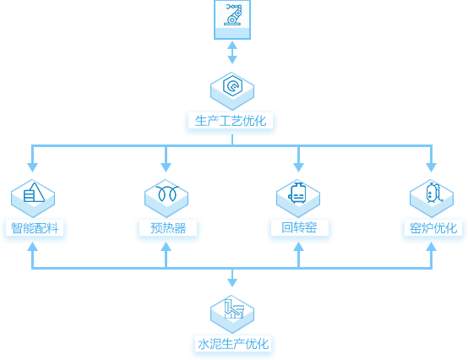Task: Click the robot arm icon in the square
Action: (x=232, y=14)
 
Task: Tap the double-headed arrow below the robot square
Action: (x=232, y=52)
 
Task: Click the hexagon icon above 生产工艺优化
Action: (x=232, y=85)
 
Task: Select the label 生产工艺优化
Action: (x=231, y=121)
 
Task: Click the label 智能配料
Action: (x=35, y=228)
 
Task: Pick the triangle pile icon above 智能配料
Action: (x=34, y=193)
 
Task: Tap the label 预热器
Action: (x=168, y=228)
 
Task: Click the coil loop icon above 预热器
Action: (x=167, y=194)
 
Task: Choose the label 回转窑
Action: (x=299, y=227)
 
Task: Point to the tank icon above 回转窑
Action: (x=297, y=193)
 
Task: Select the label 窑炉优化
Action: (x=433, y=228)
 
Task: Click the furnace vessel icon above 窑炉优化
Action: (x=434, y=193)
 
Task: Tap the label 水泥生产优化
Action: (x=233, y=344)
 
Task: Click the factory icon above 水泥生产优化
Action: (x=234, y=308)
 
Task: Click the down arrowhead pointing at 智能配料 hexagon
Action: (x=33, y=167)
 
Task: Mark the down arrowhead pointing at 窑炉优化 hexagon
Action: (x=432, y=167)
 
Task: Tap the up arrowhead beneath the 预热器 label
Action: (x=166, y=247)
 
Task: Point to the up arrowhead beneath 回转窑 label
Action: (x=298, y=247)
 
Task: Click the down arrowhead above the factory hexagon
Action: (x=232, y=283)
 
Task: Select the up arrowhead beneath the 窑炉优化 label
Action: (x=432, y=247)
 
